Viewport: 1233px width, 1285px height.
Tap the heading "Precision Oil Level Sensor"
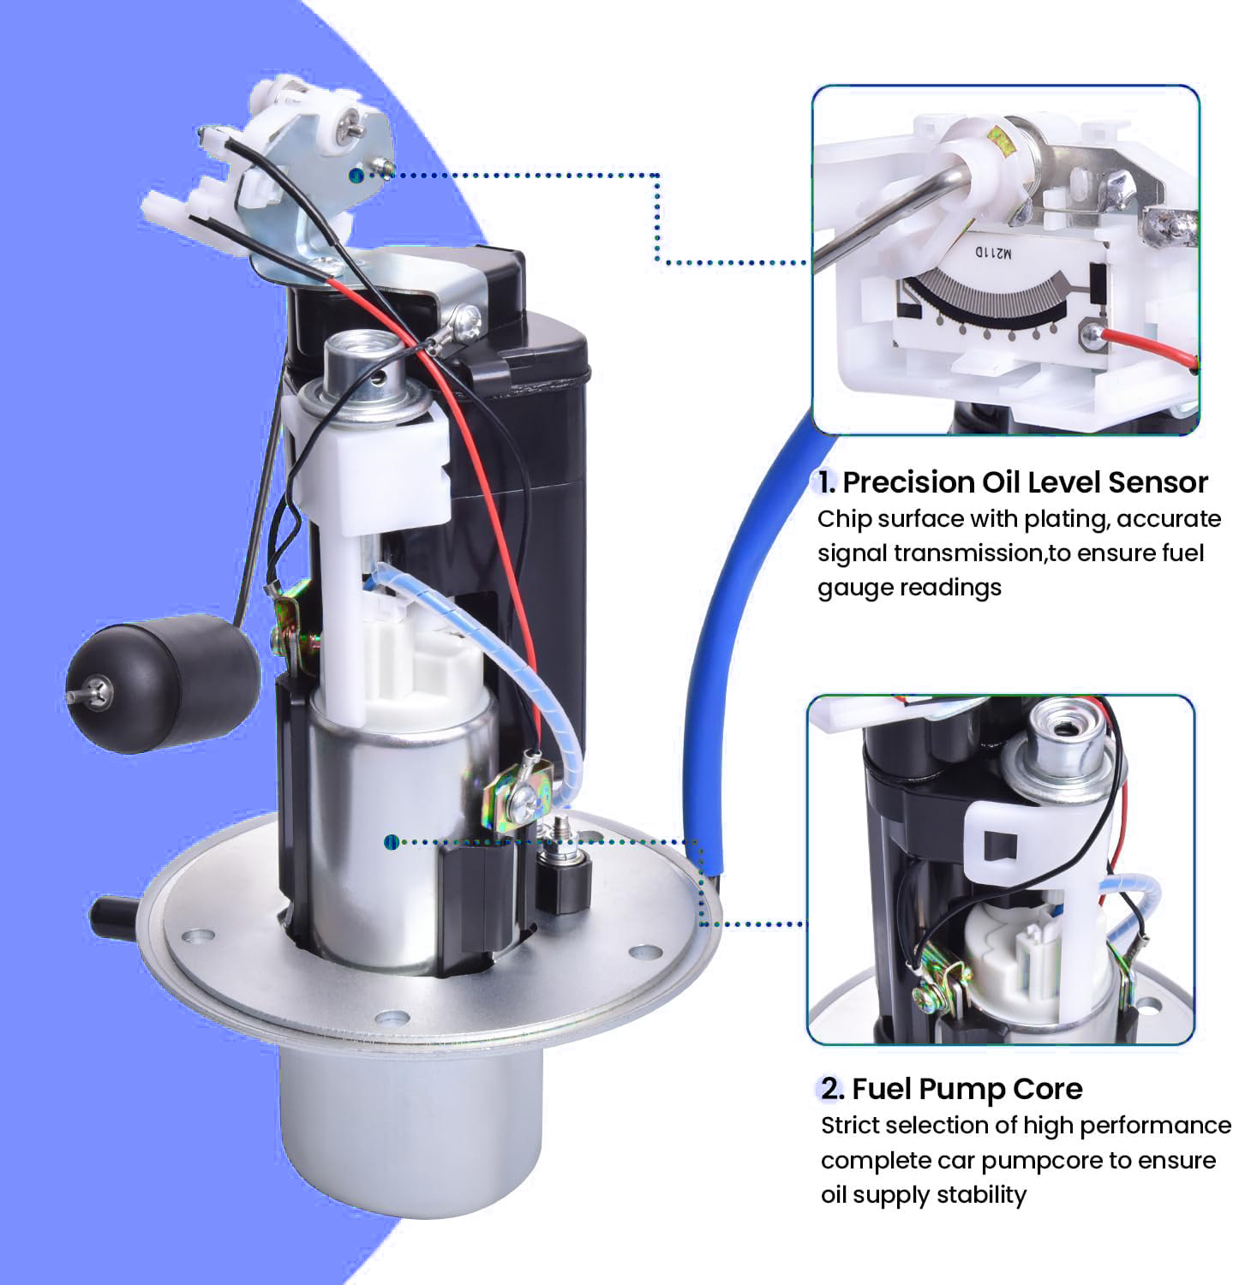[1025, 482]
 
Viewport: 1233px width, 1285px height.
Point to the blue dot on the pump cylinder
[391, 843]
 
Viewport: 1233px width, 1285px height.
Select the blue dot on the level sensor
[354, 175]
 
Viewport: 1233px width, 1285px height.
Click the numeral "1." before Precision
[825, 483]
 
